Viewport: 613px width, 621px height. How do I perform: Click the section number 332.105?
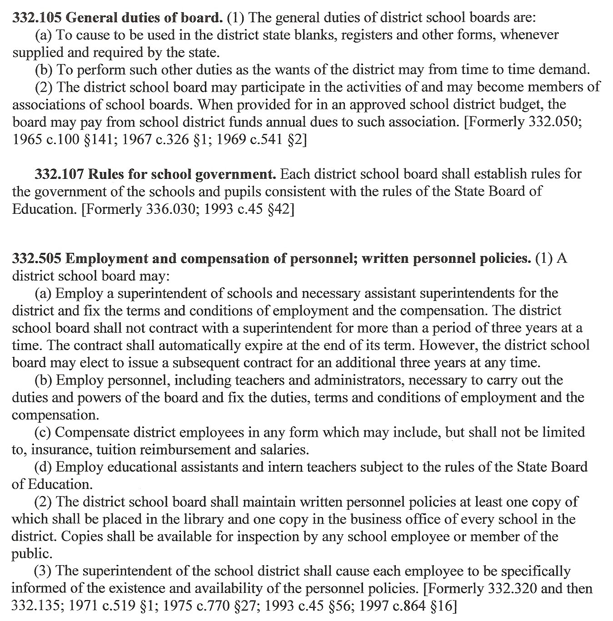pyautogui.click(x=37, y=18)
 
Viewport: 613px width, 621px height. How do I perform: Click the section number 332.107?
pyautogui.click(x=59, y=174)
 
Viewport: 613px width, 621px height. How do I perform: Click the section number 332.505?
pyautogui.click(x=37, y=259)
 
